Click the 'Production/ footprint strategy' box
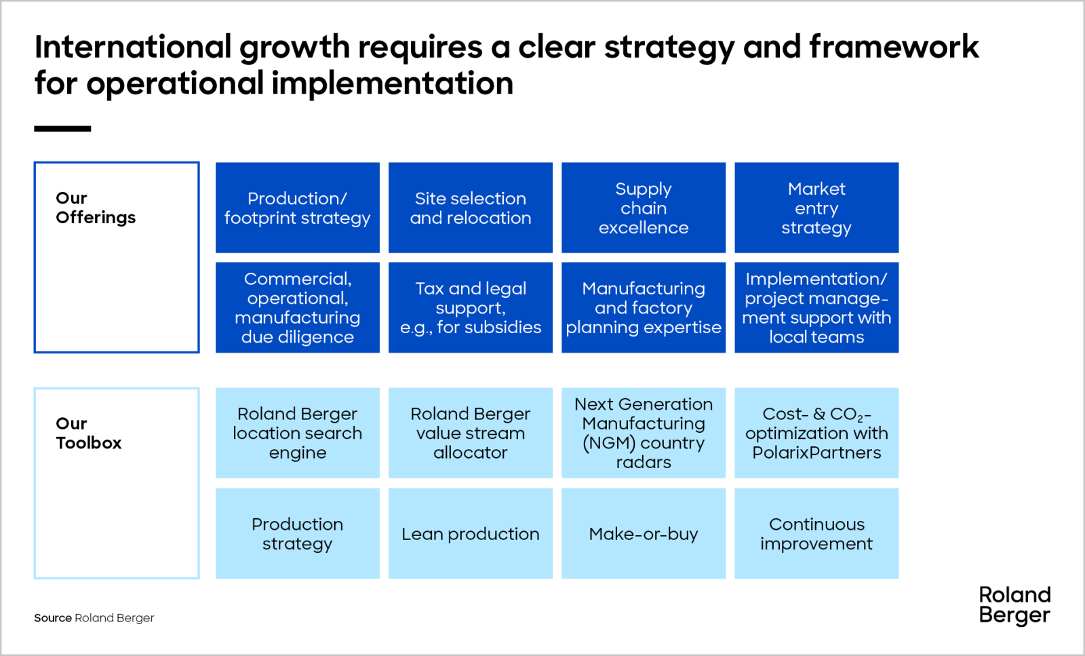[x=298, y=208]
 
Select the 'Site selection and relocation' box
[x=471, y=208]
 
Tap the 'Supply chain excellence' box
[x=644, y=208]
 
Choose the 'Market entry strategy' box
[x=816, y=208]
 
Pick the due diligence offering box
[x=298, y=308]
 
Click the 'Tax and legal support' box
[x=471, y=308]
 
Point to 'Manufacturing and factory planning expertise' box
[x=644, y=308]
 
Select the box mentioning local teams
[x=816, y=308]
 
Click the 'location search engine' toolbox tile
[x=298, y=433]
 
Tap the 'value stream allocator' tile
[x=471, y=433]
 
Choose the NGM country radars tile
[x=644, y=433]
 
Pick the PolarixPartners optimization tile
[x=816, y=433]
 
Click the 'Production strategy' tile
[x=298, y=533]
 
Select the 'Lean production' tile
[x=471, y=533]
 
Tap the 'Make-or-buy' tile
[x=644, y=533]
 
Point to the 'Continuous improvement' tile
[x=816, y=533]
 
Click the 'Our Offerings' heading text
[x=96, y=208]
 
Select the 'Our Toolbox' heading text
[x=89, y=433]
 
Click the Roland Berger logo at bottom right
[x=1014, y=606]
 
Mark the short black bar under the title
[x=62, y=129]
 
